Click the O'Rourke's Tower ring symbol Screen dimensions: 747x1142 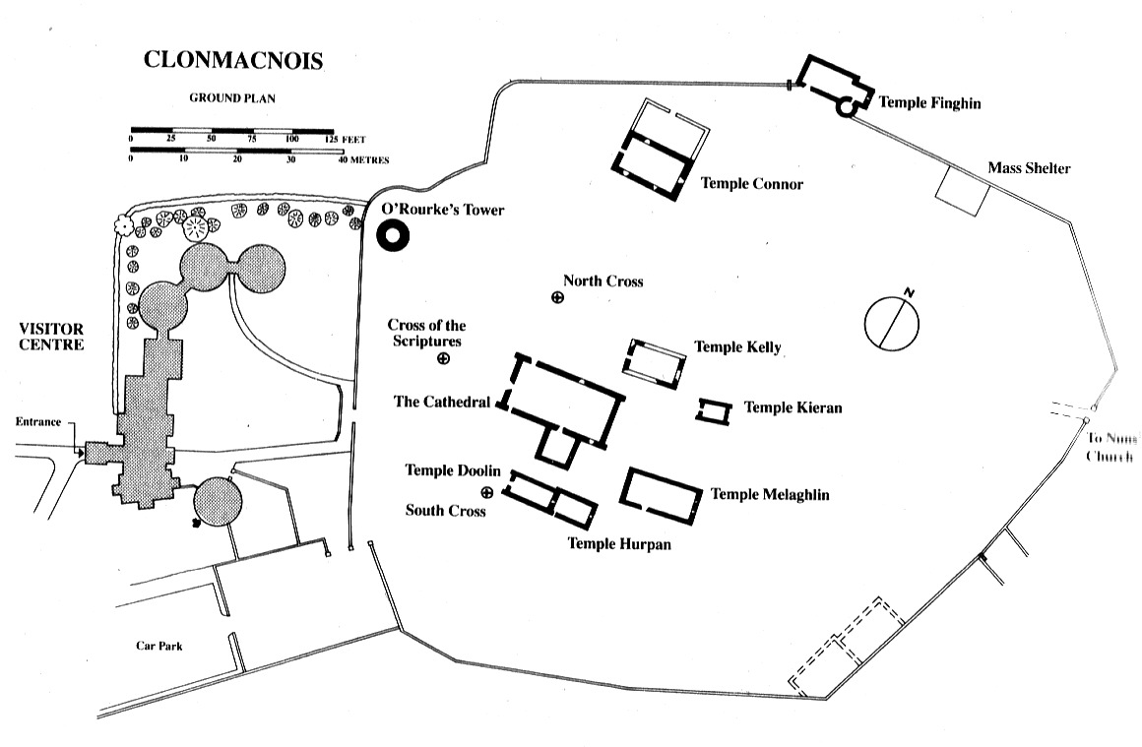(x=394, y=236)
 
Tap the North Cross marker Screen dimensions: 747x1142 (x=558, y=297)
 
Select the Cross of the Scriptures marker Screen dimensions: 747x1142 (x=443, y=359)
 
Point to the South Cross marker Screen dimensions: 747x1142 (x=486, y=492)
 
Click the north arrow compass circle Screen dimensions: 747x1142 (x=892, y=320)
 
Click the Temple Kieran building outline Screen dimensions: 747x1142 (x=714, y=411)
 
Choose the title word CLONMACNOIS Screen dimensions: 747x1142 (x=233, y=60)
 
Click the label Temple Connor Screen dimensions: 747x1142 (x=751, y=184)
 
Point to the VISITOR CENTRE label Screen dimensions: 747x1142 (x=50, y=337)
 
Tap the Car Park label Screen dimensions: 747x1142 (x=159, y=647)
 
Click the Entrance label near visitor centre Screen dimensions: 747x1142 (x=38, y=423)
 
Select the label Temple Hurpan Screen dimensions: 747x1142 (x=619, y=544)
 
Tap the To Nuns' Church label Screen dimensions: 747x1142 (x=1110, y=448)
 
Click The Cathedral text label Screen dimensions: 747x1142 (x=442, y=402)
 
